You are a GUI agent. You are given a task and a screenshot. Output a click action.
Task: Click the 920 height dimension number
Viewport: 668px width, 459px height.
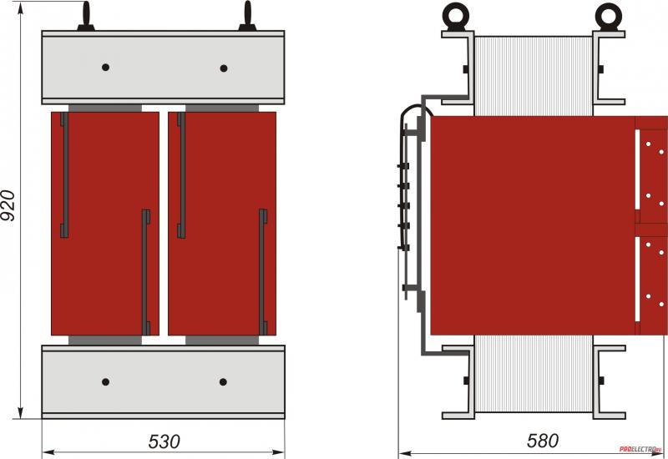click(x=8, y=205)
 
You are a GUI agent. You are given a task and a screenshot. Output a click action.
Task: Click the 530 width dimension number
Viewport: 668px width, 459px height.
click(x=164, y=441)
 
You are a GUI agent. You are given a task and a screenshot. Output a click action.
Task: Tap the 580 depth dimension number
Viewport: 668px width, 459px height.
click(x=542, y=441)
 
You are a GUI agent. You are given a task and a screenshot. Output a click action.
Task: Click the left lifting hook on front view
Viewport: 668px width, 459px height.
click(x=86, y=17)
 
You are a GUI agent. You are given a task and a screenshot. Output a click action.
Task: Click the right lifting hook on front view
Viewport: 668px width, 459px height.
click(x=247, y=17)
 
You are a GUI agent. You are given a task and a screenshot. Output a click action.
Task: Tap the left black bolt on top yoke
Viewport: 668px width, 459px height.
click(x=106, y=68)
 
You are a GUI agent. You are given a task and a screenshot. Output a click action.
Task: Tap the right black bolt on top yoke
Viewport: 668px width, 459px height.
click(x=224, y=68)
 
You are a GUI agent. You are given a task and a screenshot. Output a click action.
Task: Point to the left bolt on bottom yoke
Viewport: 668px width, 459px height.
click(x=106, y=382)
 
